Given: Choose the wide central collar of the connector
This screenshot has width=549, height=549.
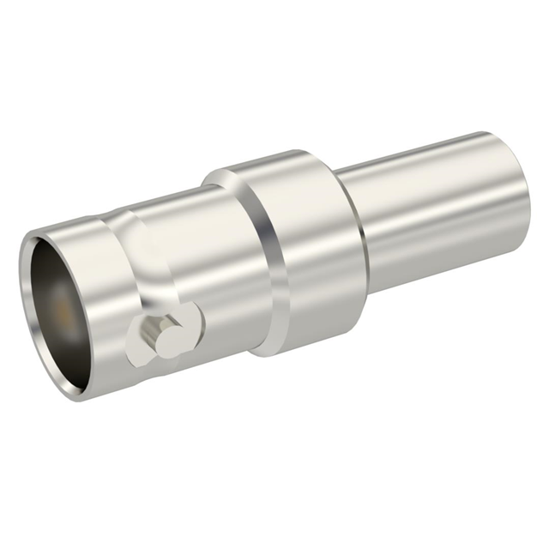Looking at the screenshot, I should click(292, 249).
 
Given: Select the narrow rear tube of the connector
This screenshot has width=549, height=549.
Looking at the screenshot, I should click(429, 214).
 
